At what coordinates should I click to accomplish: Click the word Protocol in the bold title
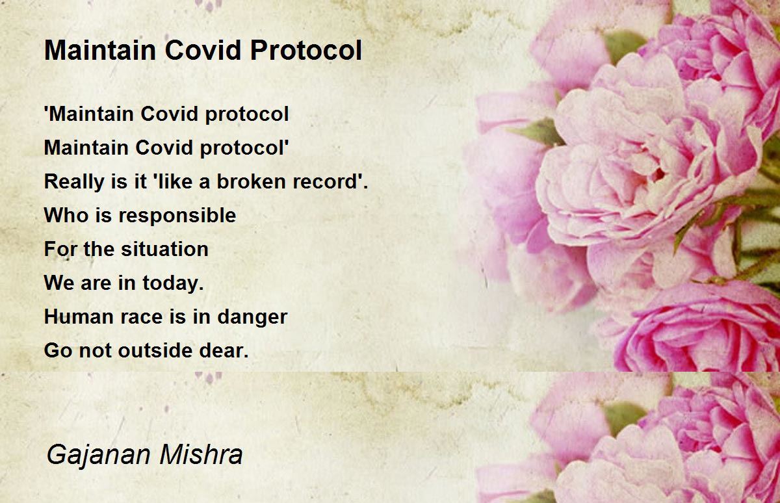pyautogui.click(x=306, y=50)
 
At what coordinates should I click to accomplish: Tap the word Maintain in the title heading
pyautogui.click(x=100, y=50)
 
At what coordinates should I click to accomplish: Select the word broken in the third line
pyautogui.click(x=251, y=181)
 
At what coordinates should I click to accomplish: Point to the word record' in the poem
pyautogui.click(x=326, y=181)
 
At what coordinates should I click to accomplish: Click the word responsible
pyautogui.click(x=177, y=216)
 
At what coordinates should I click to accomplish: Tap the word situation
pyautogui.click(x=164, y=250)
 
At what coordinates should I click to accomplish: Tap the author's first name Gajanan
pyautogui.click(x=99, y=456)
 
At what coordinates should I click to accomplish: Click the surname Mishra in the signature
pyautogui.click(x=201, y=454)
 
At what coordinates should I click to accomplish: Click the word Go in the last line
pyautogui.click(x=58, y=350)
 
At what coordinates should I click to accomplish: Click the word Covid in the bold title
pyautogui.click(x=203, y=50)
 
